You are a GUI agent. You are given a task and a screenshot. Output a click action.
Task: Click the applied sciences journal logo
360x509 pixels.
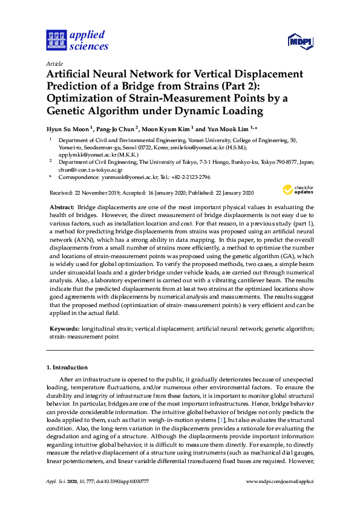coord(77,40)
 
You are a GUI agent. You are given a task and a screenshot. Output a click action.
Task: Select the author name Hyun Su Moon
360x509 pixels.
coord(68,129)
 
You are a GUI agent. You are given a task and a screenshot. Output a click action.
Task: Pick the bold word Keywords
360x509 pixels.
coord(64,329)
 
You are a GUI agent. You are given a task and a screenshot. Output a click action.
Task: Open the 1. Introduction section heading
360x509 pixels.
coord(67,367)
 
